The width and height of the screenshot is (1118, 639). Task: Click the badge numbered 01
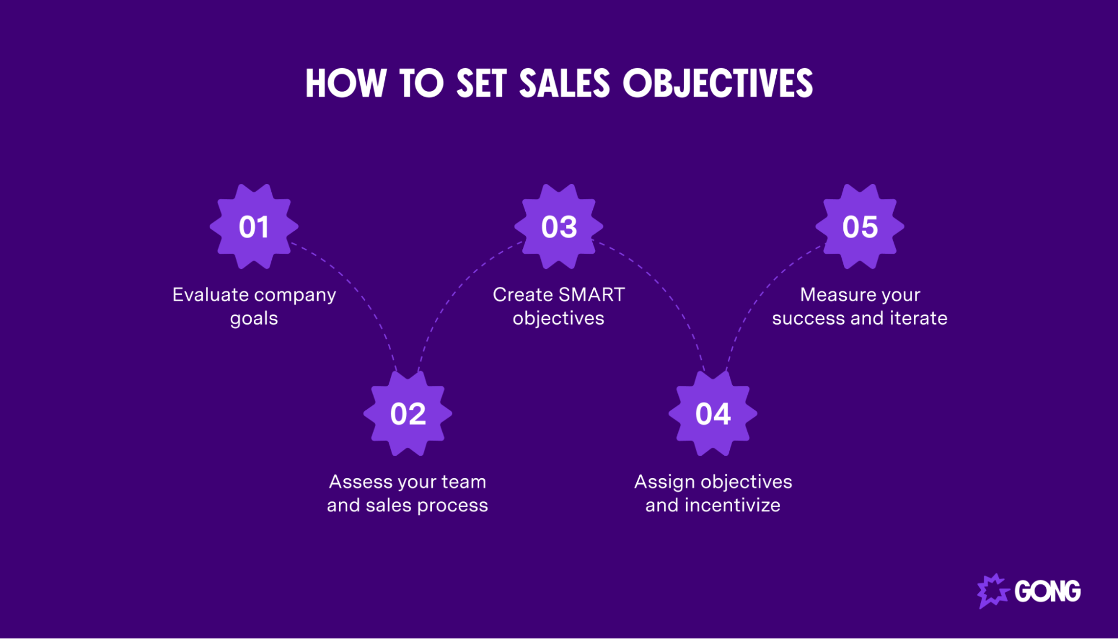pyautogui.click(x=254, y=226)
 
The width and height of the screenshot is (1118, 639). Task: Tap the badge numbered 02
pyautogui.click(x=408, y=414)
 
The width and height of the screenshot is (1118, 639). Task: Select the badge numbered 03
pyautogui.click(x=559, y=226)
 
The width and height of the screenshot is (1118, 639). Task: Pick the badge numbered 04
pyautogui.click(x=713, y=414)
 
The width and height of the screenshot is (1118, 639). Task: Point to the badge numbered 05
pyautogui.click(x=860, y=226)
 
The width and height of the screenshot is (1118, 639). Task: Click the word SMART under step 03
pyautogui.click(x=591, y=295)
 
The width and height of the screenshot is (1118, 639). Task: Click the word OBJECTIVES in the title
pyautogui.click(x=718, y=84)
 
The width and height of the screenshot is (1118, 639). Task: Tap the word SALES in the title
pyautogui.click(x=564, y=84)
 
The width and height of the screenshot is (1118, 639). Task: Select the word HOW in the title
pyautogui.click(x=346, y=84)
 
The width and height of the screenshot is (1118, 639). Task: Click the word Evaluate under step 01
pyautogui.click(x=210, y=295)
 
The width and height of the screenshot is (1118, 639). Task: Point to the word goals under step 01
pyautogui.click(x=254, y=319)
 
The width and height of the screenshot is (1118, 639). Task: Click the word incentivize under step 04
pyautogui.click(x=732, y=505)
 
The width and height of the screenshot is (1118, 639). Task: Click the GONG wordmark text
pyautogui.click(x=1048, y=591)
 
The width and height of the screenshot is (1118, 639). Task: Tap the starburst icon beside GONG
pyautogui.click(x=993, y=591)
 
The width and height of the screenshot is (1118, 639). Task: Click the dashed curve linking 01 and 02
pyautogui.click(x=358, y=291)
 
